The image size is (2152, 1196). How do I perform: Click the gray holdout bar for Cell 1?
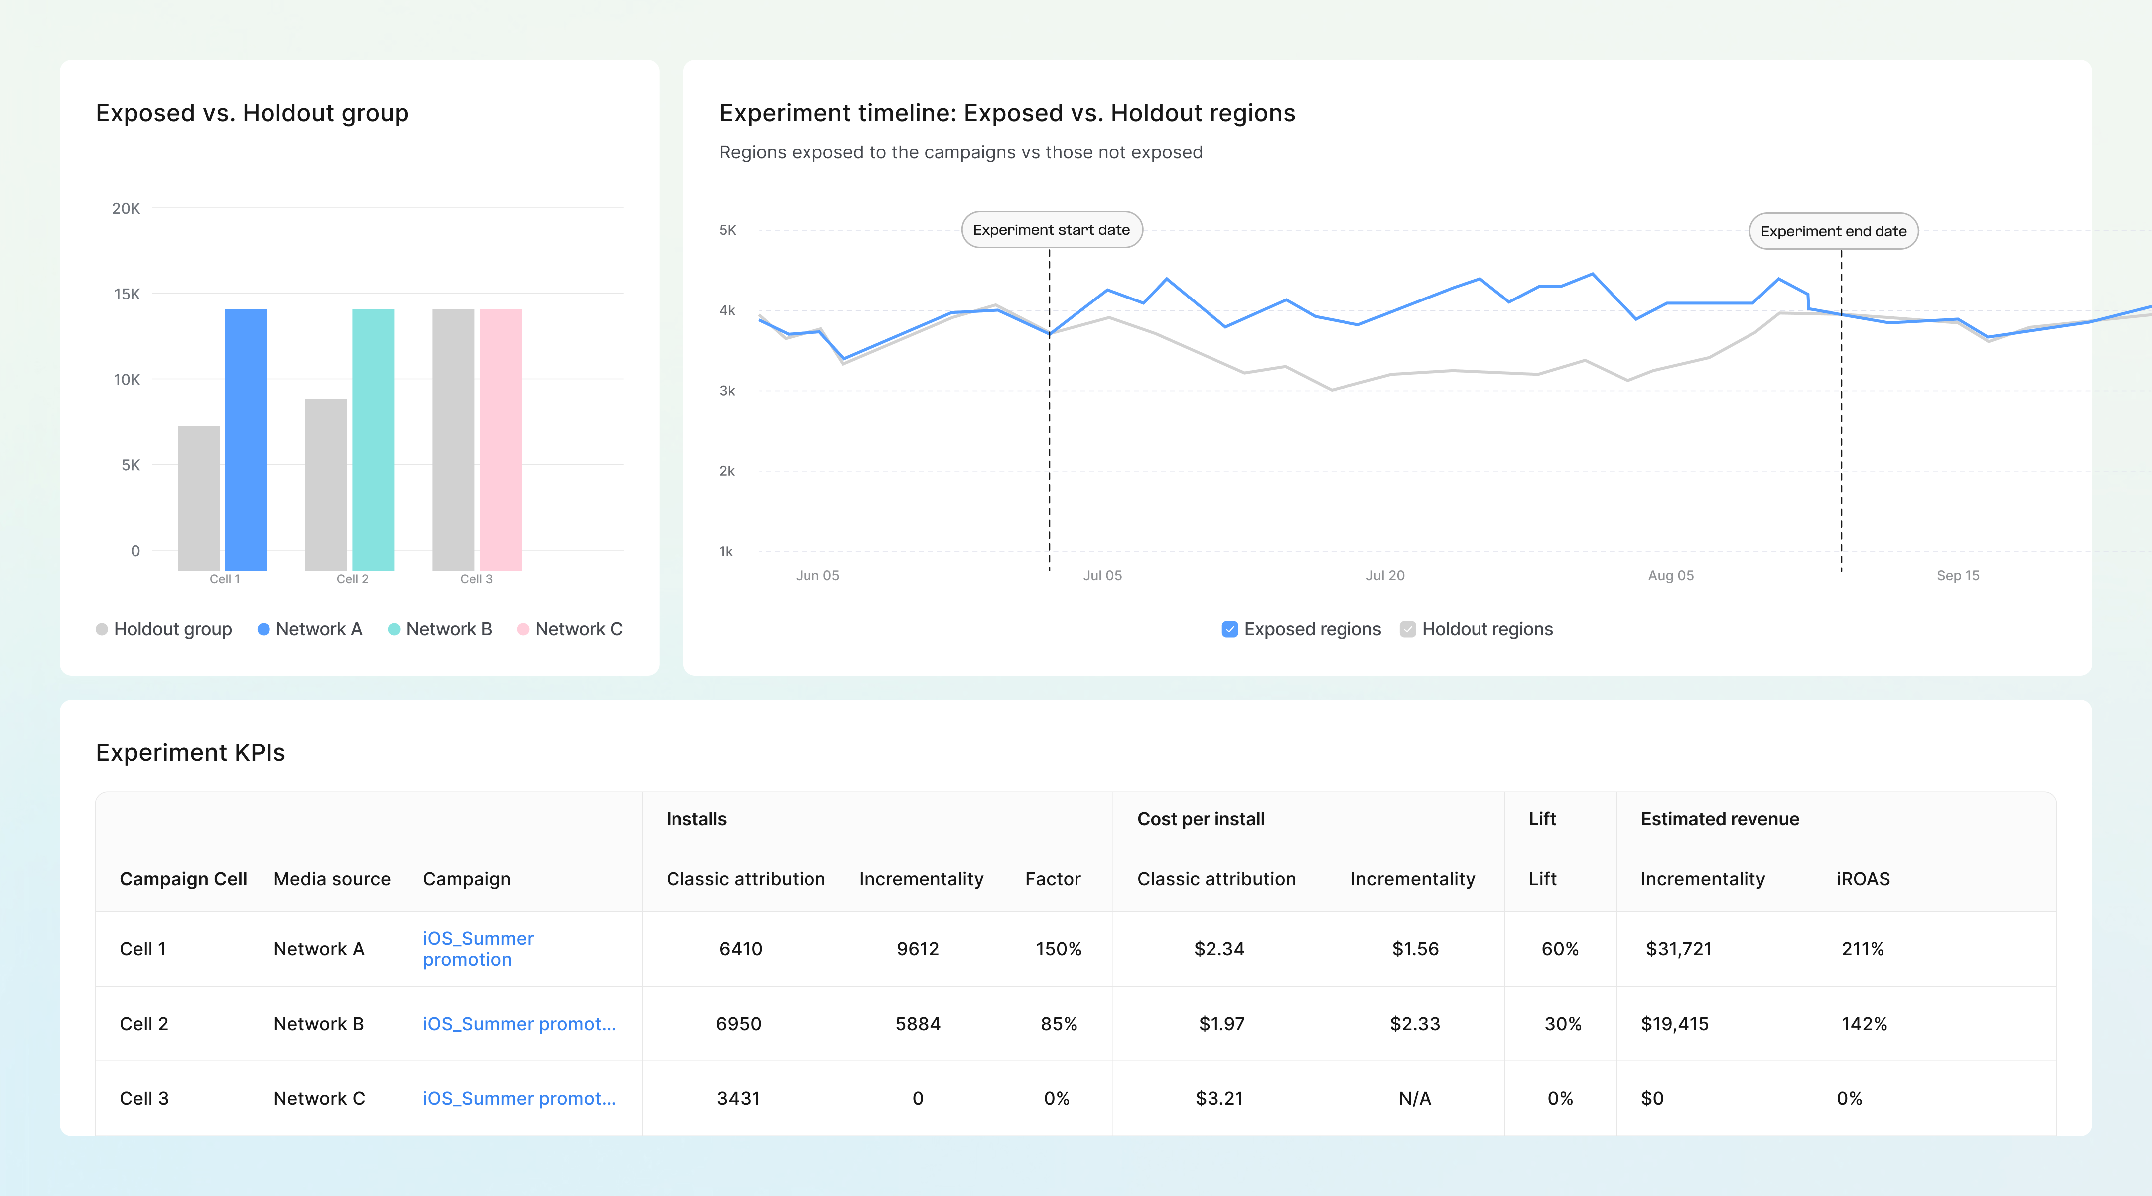coord(199,498)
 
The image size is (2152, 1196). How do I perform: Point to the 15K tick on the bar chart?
coord(127,294)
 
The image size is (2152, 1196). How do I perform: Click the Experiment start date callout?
coord(1051,230)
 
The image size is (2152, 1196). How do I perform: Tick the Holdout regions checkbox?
coord(1408,629)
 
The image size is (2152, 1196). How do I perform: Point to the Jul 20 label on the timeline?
coord(1384,575)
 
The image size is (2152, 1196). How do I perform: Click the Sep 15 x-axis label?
coord(1957,575)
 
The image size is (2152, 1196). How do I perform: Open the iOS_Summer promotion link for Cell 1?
coord(478,949)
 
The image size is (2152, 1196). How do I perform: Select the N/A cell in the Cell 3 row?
coord(1414,1098)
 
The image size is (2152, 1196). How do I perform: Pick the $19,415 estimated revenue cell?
coord(1674,1024)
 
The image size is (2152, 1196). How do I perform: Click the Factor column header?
coord(1053,879)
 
